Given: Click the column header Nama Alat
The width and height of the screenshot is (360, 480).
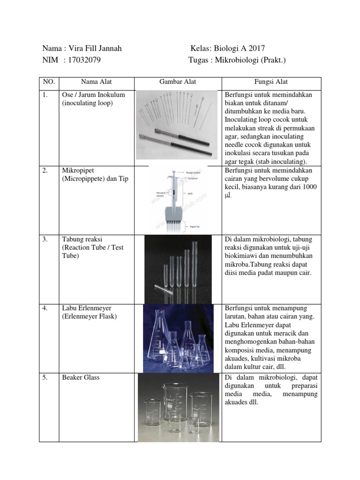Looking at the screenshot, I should pyautogui.click(x=96, y=82).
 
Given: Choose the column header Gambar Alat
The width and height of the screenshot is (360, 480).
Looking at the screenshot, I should pyautogui.click(x=178, y=82).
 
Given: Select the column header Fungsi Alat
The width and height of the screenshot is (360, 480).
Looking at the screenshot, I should pyautogui.click(x=271, y=82).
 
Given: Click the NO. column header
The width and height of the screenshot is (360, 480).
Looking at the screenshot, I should pyautogui.click(x=49, y=82).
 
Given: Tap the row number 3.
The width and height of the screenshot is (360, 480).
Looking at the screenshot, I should pyautogui.click(x=45, y=239).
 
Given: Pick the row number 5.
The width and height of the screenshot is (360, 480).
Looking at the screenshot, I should pyautogui.click(x=45, y=377).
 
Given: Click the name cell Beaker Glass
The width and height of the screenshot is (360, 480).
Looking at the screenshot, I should pyautogui.click(x=81, y=377).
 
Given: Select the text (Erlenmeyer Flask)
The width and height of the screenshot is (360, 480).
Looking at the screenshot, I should pyautogui.click(x=90, y=316).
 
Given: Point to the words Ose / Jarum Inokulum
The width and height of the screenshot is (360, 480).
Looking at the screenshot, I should pyautogui.click(x=93, y=95).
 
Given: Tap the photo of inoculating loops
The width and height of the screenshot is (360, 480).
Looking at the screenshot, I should pyautogui.click(x=177, y=125).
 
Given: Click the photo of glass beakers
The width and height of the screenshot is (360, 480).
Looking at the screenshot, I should pyautogui.click(x=178, y=407).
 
